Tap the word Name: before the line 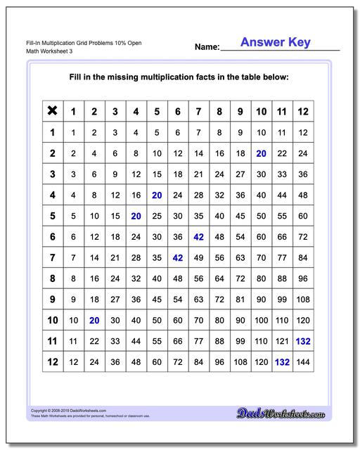207,48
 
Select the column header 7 198,111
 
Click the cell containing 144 303,363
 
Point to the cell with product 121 282,342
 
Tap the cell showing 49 198,258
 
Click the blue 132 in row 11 303,342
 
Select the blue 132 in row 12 282,363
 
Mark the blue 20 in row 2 261,153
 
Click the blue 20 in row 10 94,321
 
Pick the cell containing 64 219,279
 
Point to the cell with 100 261,321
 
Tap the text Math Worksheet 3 43,52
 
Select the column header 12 303,111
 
